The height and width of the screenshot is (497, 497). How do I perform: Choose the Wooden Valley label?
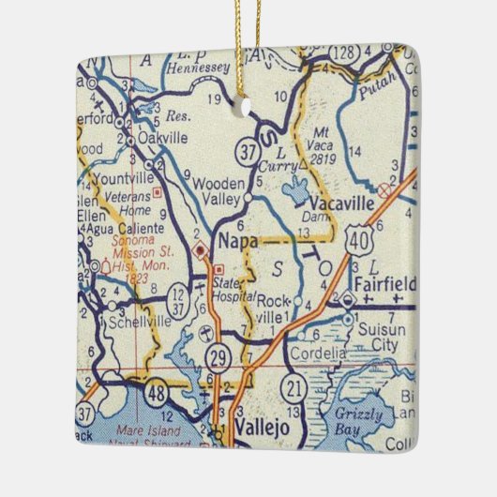point(223,192)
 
